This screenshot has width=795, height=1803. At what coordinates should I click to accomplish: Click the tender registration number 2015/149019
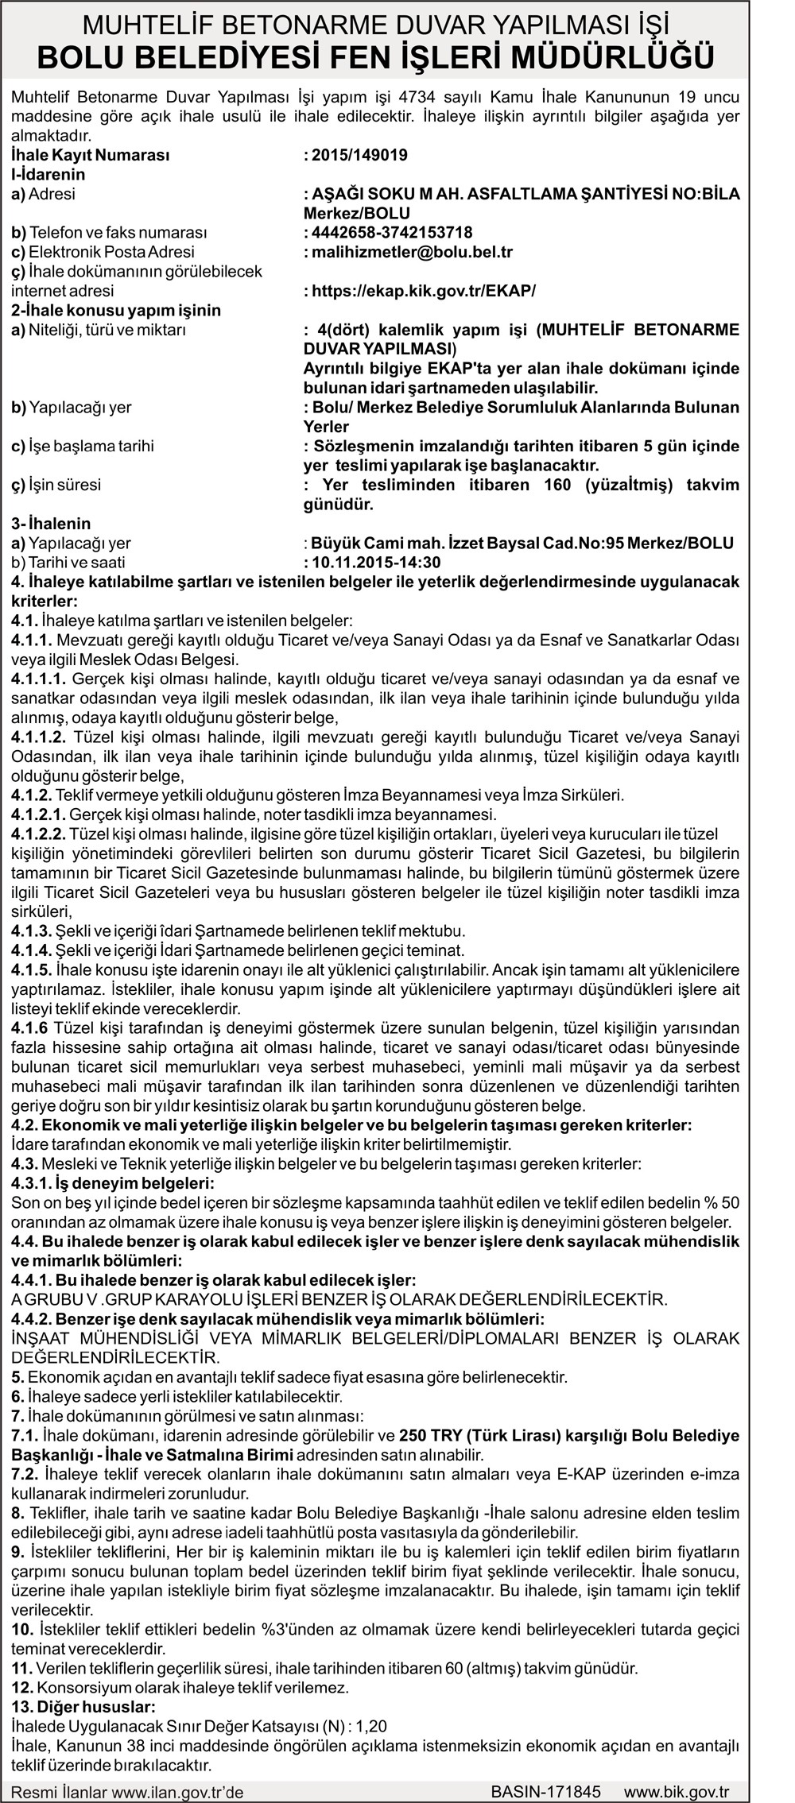point(359,155)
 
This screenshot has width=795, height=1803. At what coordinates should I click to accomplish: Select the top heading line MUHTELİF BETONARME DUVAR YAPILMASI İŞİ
point(376,26)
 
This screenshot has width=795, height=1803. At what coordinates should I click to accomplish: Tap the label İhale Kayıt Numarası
point(91,155)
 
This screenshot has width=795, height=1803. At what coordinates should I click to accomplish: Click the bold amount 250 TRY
point(430,1435)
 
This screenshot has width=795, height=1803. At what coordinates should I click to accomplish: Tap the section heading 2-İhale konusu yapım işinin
point(116,310)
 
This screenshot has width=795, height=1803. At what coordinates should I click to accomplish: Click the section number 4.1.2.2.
point(39,834)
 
